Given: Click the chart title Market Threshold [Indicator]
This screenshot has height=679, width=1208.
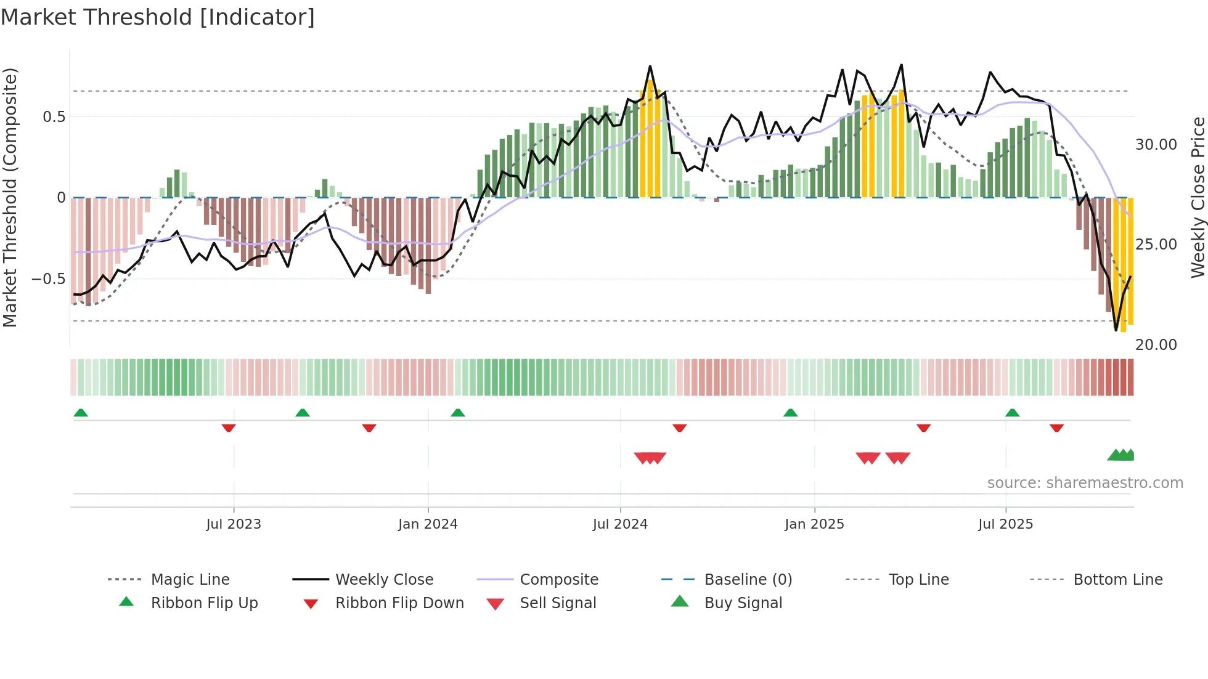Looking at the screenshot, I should [x=158, y=17].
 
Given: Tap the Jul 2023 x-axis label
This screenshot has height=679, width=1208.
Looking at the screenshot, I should [x=234, y=524].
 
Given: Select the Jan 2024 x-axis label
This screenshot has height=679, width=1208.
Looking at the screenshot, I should [x=428, y=524].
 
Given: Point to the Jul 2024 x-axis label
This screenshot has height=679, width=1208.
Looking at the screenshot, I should [x=620, y=524].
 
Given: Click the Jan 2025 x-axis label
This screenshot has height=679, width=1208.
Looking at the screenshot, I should [x=814, y=524].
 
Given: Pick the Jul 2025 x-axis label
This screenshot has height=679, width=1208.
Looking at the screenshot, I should [x=1005, y=524].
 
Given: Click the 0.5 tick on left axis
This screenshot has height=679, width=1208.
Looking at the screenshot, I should [x=54, y=117].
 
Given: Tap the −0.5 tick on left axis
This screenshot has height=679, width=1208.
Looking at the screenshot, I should [x=49, y=279].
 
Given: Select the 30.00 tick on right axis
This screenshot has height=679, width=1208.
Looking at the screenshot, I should [x=1156, y=145].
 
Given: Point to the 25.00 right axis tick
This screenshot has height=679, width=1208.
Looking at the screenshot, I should [x=1156, y=245].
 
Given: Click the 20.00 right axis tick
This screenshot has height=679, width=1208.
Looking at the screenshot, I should [x=1156, y=345].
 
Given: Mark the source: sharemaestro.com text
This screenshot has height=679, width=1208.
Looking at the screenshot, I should [x=1085, y=483].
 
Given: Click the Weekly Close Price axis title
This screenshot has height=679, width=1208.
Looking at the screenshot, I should [x=1198, y=197].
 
